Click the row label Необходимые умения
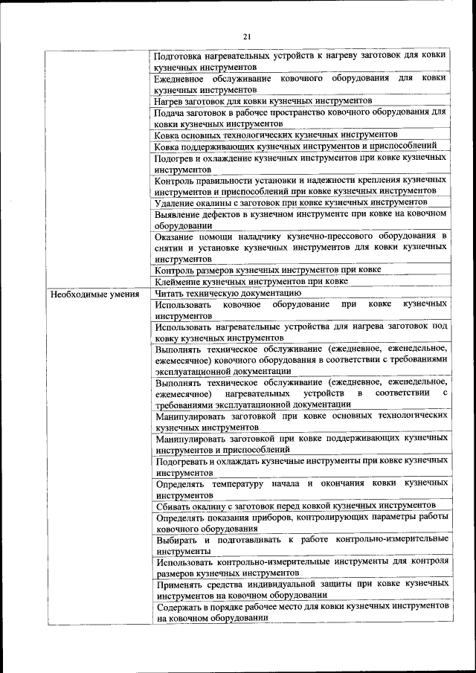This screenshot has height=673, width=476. (95, 294)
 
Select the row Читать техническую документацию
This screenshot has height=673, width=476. (228, 293)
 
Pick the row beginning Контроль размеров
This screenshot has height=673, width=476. (268, 270)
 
